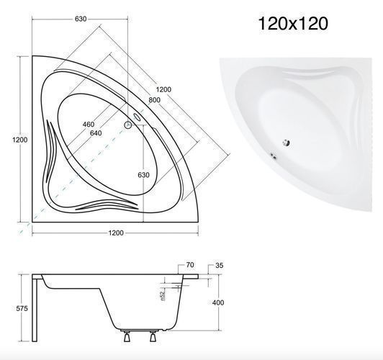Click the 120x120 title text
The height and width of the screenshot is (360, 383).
pyautogui.click(x=293, y=24)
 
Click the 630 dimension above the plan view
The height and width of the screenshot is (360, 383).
pyautogui.click(x=81, y=19)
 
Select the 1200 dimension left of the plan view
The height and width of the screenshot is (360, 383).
pyautogui.click(x=19, y=140)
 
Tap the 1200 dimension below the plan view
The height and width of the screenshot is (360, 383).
pyautogui.click(x=116, y=233)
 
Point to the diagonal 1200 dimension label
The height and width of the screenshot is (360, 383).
pyautogui.click(x=163, y=89)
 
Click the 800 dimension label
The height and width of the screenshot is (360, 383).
pyautogui.click(x=154, y=100)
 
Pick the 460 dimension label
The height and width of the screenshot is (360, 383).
pyautogui.click(x=89, y=125)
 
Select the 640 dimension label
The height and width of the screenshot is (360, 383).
pyautogui.click(x=96, y=133)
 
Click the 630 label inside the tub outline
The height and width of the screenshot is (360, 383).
pyautogui.click(x=144, y=175)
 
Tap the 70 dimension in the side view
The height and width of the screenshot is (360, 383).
pyautogui.click(x=190, y=265)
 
